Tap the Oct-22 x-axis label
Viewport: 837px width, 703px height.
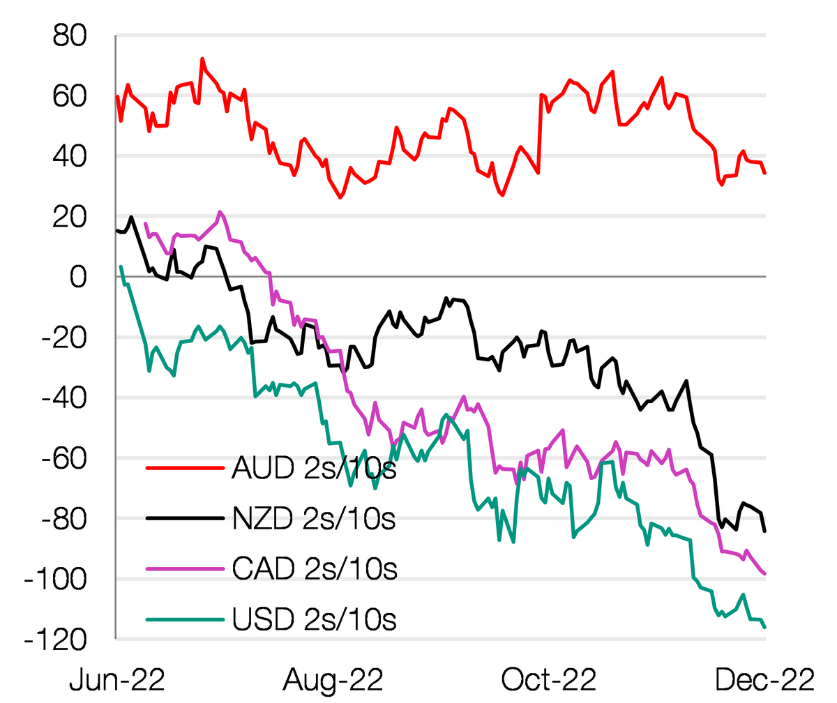549,679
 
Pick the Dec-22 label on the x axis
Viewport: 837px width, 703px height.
765,679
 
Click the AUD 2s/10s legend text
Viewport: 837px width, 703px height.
313,468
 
